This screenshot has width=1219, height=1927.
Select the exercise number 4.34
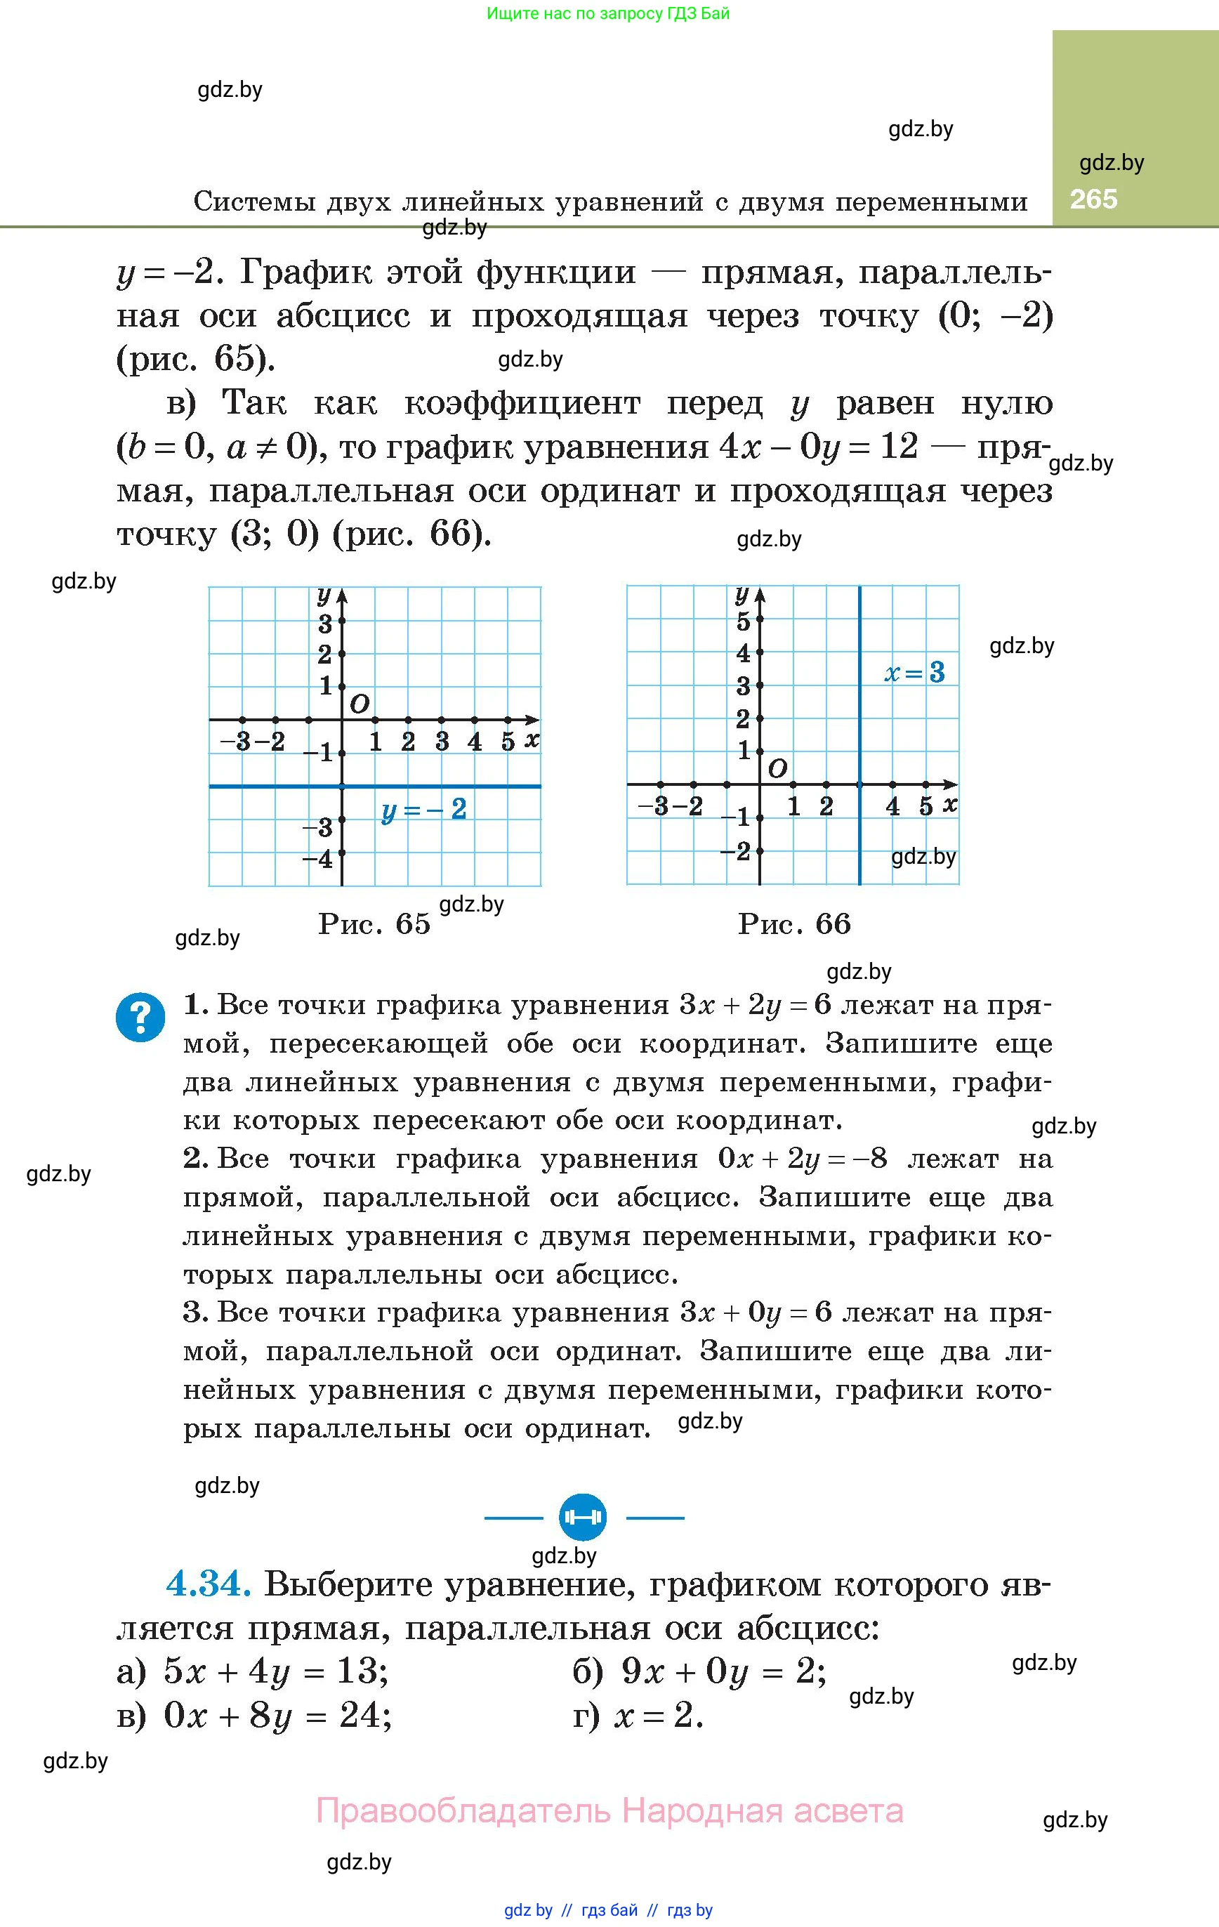[208, 1584]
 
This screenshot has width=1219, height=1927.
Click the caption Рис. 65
[374, 923]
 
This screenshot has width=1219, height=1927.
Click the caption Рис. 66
[794, 923]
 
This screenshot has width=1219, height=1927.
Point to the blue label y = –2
[423, 810]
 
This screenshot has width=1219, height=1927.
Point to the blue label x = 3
[914, 671]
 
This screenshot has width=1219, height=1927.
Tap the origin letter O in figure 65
[360, 704]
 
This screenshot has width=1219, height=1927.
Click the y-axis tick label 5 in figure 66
[744, 621]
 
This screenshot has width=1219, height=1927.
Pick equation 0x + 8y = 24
[277, 1715]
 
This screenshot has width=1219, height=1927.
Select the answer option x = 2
[658, 1715]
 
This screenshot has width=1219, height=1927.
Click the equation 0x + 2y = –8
[802, 1159]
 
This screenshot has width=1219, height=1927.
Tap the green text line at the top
[608, 13]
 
